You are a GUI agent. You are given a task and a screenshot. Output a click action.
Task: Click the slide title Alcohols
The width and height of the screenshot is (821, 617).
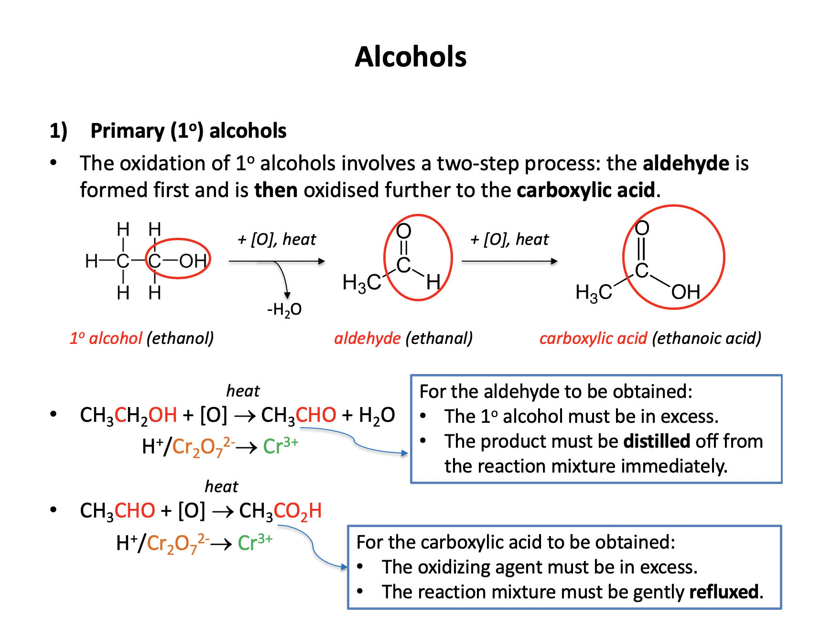tap(410, 57)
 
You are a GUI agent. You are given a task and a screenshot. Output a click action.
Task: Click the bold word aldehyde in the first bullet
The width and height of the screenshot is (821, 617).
tap(686, 164)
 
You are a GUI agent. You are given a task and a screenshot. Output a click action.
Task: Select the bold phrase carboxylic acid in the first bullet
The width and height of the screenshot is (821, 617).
tap(585, 190)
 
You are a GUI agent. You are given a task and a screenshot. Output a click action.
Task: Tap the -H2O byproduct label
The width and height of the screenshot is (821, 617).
tap(284, 310)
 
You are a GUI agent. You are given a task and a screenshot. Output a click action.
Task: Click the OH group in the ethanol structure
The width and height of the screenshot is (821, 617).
tap(193, 261)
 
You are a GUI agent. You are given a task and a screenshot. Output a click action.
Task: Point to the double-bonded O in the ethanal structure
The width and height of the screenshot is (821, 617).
tap(404, 231)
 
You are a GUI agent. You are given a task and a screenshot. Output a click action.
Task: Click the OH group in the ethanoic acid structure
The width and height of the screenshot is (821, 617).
tap(685, 292)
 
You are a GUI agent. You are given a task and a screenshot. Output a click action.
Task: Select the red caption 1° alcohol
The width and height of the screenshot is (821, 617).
tap(106, 338)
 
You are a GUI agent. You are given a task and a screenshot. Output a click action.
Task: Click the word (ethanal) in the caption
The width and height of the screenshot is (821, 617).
tap(439, 338)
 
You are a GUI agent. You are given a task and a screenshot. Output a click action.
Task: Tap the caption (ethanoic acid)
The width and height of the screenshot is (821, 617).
tap(706, 338)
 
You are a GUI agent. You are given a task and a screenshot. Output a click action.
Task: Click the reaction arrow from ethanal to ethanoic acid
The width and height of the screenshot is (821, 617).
tap(509, 261)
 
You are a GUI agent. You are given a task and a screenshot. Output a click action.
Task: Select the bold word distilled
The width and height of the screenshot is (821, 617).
tap(657, 441)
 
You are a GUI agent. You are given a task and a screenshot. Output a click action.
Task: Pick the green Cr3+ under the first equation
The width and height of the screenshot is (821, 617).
tap(281, 446)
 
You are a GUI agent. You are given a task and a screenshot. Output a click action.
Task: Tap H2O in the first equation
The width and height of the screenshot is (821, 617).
tap(377, 415)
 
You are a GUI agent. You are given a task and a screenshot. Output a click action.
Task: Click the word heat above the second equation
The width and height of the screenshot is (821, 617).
tap(221, 486)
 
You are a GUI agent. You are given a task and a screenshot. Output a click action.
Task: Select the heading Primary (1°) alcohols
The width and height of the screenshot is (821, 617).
tap(188, 131)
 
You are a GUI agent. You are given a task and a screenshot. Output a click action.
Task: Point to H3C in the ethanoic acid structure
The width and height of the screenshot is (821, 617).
tap(594, 292)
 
